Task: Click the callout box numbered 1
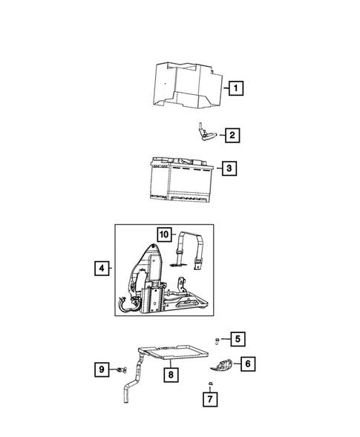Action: (235, 91)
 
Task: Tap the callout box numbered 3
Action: (230, 168)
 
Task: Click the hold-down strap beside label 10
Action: (194, 252)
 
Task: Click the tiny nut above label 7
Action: (212, 384)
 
